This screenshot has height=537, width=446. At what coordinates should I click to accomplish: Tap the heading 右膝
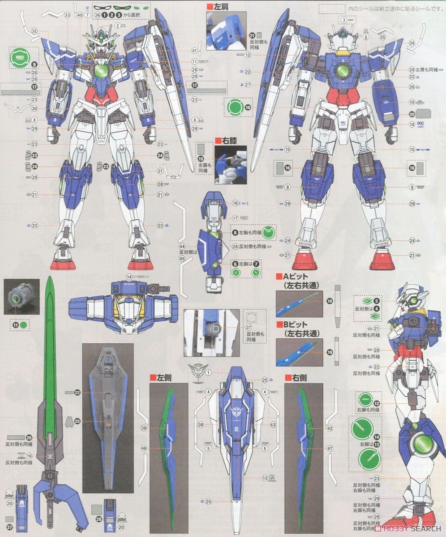click(x=227, y=140)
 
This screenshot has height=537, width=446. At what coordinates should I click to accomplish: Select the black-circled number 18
click(x=330, y=302)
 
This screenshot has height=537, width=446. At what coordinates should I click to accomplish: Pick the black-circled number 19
click(x=330, y=352)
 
